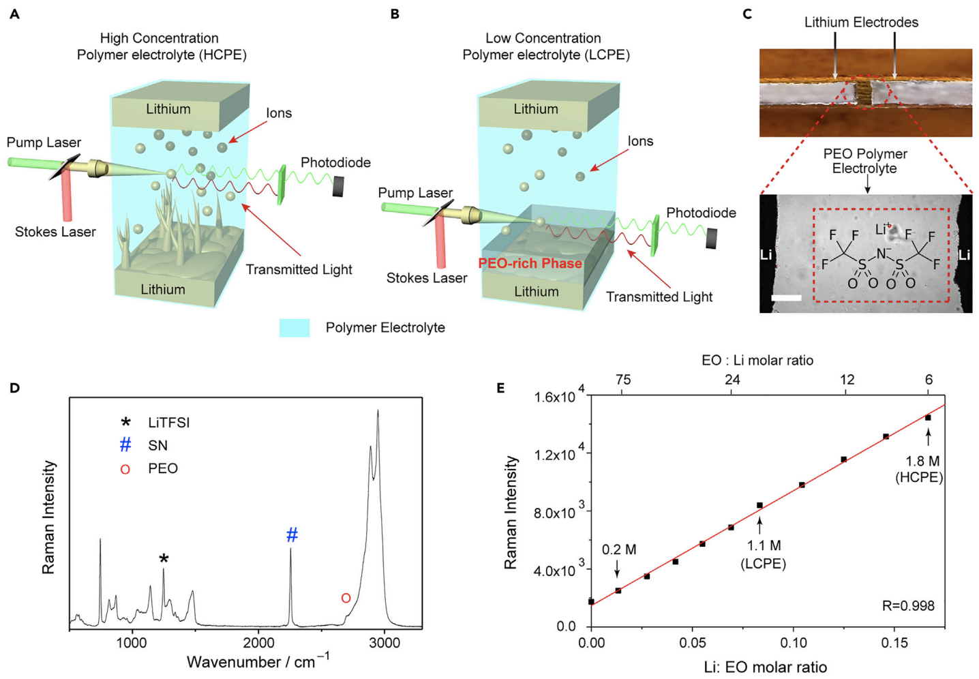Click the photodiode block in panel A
point(338,186)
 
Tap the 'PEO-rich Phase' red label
point(530,263)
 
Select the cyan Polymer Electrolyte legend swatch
point(294,328)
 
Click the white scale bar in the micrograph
point(787,298)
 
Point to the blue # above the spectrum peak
point(292,535)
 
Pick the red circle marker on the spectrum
point(346,598)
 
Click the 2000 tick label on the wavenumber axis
point(259,643)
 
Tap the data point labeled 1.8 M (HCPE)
point(928,417)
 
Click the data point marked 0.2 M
point(618,590)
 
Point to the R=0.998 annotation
point(908,605)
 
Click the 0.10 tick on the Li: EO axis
point(794,643)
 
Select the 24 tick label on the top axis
point(732,380)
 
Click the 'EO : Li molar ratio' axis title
point(757,360)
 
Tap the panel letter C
point(747,14)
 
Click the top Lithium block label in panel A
point(168,109)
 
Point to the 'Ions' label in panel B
point(640,141)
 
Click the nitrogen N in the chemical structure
point(880,254)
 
